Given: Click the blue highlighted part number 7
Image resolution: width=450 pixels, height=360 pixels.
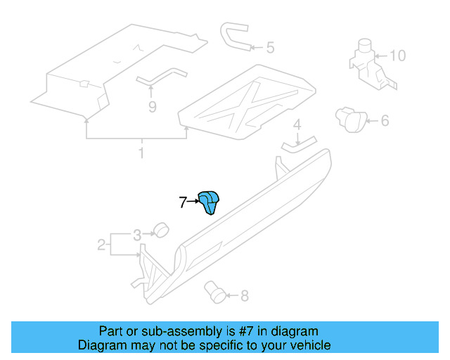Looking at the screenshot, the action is [x=209, y=202].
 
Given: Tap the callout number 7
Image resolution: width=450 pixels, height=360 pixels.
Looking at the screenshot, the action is [x=183, y=202].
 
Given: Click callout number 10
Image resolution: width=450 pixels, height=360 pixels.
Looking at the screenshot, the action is [x=398, y=56].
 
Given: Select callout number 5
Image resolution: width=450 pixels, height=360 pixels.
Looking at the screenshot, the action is [x=270, y=47].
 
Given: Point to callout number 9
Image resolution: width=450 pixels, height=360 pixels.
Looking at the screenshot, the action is [x=153, y=107].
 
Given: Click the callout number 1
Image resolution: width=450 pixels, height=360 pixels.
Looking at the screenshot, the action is [x=141, y=153].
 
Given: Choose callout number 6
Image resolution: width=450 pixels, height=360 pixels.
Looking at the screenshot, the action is [x=385, y=120].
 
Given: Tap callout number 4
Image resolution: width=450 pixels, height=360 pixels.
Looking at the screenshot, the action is [x=297, y=124].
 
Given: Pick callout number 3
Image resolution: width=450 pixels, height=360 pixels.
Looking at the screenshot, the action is [x=137, y=235].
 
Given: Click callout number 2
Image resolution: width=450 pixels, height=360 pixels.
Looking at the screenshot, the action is [x=101, y=245].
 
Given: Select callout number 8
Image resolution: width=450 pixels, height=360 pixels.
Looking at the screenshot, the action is [x=244, y=296].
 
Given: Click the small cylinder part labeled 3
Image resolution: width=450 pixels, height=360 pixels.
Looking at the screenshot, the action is [x=161, y=230].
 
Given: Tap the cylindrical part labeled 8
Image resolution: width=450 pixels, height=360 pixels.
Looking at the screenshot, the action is [x=214, y=292].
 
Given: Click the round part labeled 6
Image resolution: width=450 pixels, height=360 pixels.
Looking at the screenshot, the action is [x=351, y=120].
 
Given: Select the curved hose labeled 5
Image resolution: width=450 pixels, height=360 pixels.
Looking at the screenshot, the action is [x=233, y=36].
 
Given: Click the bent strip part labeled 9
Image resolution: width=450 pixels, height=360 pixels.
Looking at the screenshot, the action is [x=161, y=77].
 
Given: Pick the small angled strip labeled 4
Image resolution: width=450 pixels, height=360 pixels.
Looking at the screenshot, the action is [x=298, y=145].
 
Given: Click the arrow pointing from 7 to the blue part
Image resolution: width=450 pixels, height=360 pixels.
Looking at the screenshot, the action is [x=193, y=202].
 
